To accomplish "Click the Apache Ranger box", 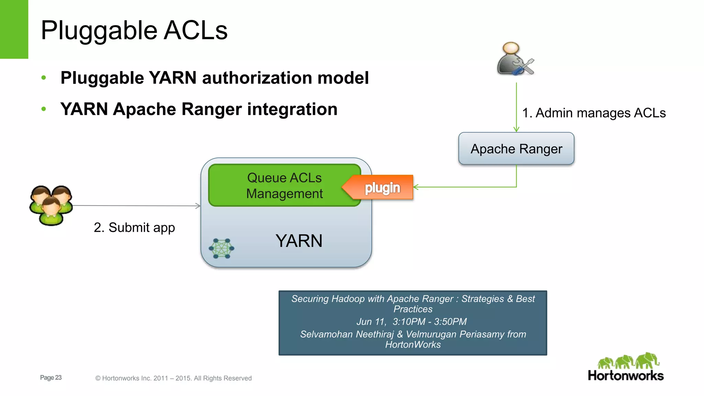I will coord(516,149).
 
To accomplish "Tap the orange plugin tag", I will coord(382,188).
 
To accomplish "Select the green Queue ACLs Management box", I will coord(284,186).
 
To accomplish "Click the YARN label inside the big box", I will coord(299,241).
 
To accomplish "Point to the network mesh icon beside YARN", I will coord(221,248).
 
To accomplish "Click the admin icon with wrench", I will coord(515,59).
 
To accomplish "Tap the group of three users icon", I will coord(51,205).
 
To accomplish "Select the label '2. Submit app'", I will coord(134,228).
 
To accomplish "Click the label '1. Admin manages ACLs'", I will coord(594,113).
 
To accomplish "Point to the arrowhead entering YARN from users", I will coord(198,206).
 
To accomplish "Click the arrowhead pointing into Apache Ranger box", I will coord(516,129).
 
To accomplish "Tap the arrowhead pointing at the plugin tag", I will coord(416,187).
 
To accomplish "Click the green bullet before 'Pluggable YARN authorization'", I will coord(44,78).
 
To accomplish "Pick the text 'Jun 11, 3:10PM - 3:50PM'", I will coord(411,322).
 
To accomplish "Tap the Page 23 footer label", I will coord(51,377).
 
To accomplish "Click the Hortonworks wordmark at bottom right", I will coord(625,375).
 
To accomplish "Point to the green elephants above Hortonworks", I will coord(628,361).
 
